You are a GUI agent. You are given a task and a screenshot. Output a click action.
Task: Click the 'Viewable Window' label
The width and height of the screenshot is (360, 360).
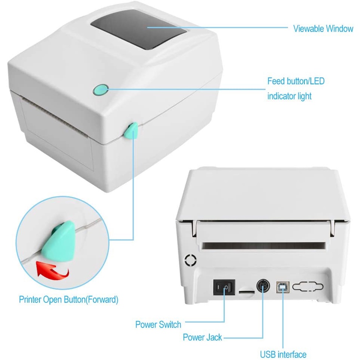(323, 29)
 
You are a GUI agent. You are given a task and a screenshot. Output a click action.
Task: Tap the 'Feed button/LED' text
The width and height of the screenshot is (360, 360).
(296, 82)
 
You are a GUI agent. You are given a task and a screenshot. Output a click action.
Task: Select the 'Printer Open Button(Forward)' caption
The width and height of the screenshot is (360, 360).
(69, 299)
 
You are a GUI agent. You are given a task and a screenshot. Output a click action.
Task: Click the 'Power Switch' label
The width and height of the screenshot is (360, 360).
(158, 324)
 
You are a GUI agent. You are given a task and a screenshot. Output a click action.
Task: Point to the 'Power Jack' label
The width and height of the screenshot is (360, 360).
(202, 337)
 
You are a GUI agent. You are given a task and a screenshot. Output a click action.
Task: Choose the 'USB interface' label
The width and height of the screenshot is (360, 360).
(283, 354)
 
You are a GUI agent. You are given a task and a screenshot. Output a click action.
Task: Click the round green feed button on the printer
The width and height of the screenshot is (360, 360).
(100, 90)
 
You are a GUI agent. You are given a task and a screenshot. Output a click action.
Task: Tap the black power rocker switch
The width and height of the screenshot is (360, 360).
(224, 288)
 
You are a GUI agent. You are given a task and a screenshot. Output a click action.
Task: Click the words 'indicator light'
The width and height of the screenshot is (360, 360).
(289, 96)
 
